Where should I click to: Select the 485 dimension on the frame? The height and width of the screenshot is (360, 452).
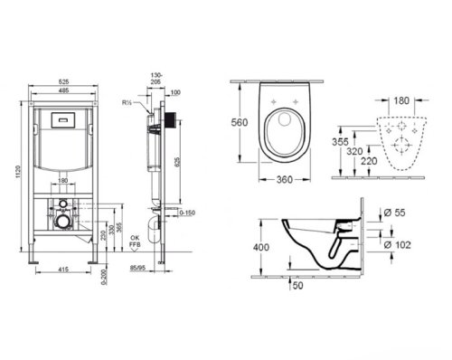click(x=61, y=88)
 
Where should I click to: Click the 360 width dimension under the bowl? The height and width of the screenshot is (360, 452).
click(x=286, y=179)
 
